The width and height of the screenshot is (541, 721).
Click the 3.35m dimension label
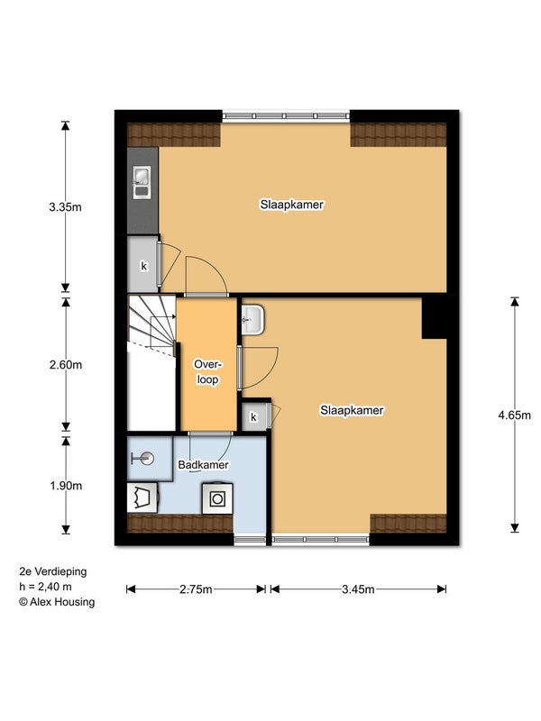(x=65, y=207)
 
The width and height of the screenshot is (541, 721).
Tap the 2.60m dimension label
(x=66, y=365)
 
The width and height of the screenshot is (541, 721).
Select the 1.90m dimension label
(x=66, y=486)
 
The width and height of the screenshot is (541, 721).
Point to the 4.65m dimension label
(x=514, y=415)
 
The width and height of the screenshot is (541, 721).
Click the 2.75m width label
(x=196, y=589)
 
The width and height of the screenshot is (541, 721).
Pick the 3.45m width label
(x=358, y=589)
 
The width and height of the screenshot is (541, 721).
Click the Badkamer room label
(x=204, y=465)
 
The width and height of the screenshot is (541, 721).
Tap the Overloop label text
(x=207, y=372)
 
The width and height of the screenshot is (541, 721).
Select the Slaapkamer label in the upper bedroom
(x=291, y=205)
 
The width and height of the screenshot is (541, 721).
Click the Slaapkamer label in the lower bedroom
(x=352, y=410)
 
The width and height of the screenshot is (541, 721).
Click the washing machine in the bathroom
(x=217, y=498)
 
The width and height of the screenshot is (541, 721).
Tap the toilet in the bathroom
(x=143, y=497)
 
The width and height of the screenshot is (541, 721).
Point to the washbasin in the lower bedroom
(x=252, y=320)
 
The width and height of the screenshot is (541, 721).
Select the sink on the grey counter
(x=142, y=183)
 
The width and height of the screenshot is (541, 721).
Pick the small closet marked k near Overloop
(x=254, y=416)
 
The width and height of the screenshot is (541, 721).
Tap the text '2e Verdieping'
(x=53, y=571)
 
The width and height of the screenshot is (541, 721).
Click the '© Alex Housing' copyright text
(x=57, y=602)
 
